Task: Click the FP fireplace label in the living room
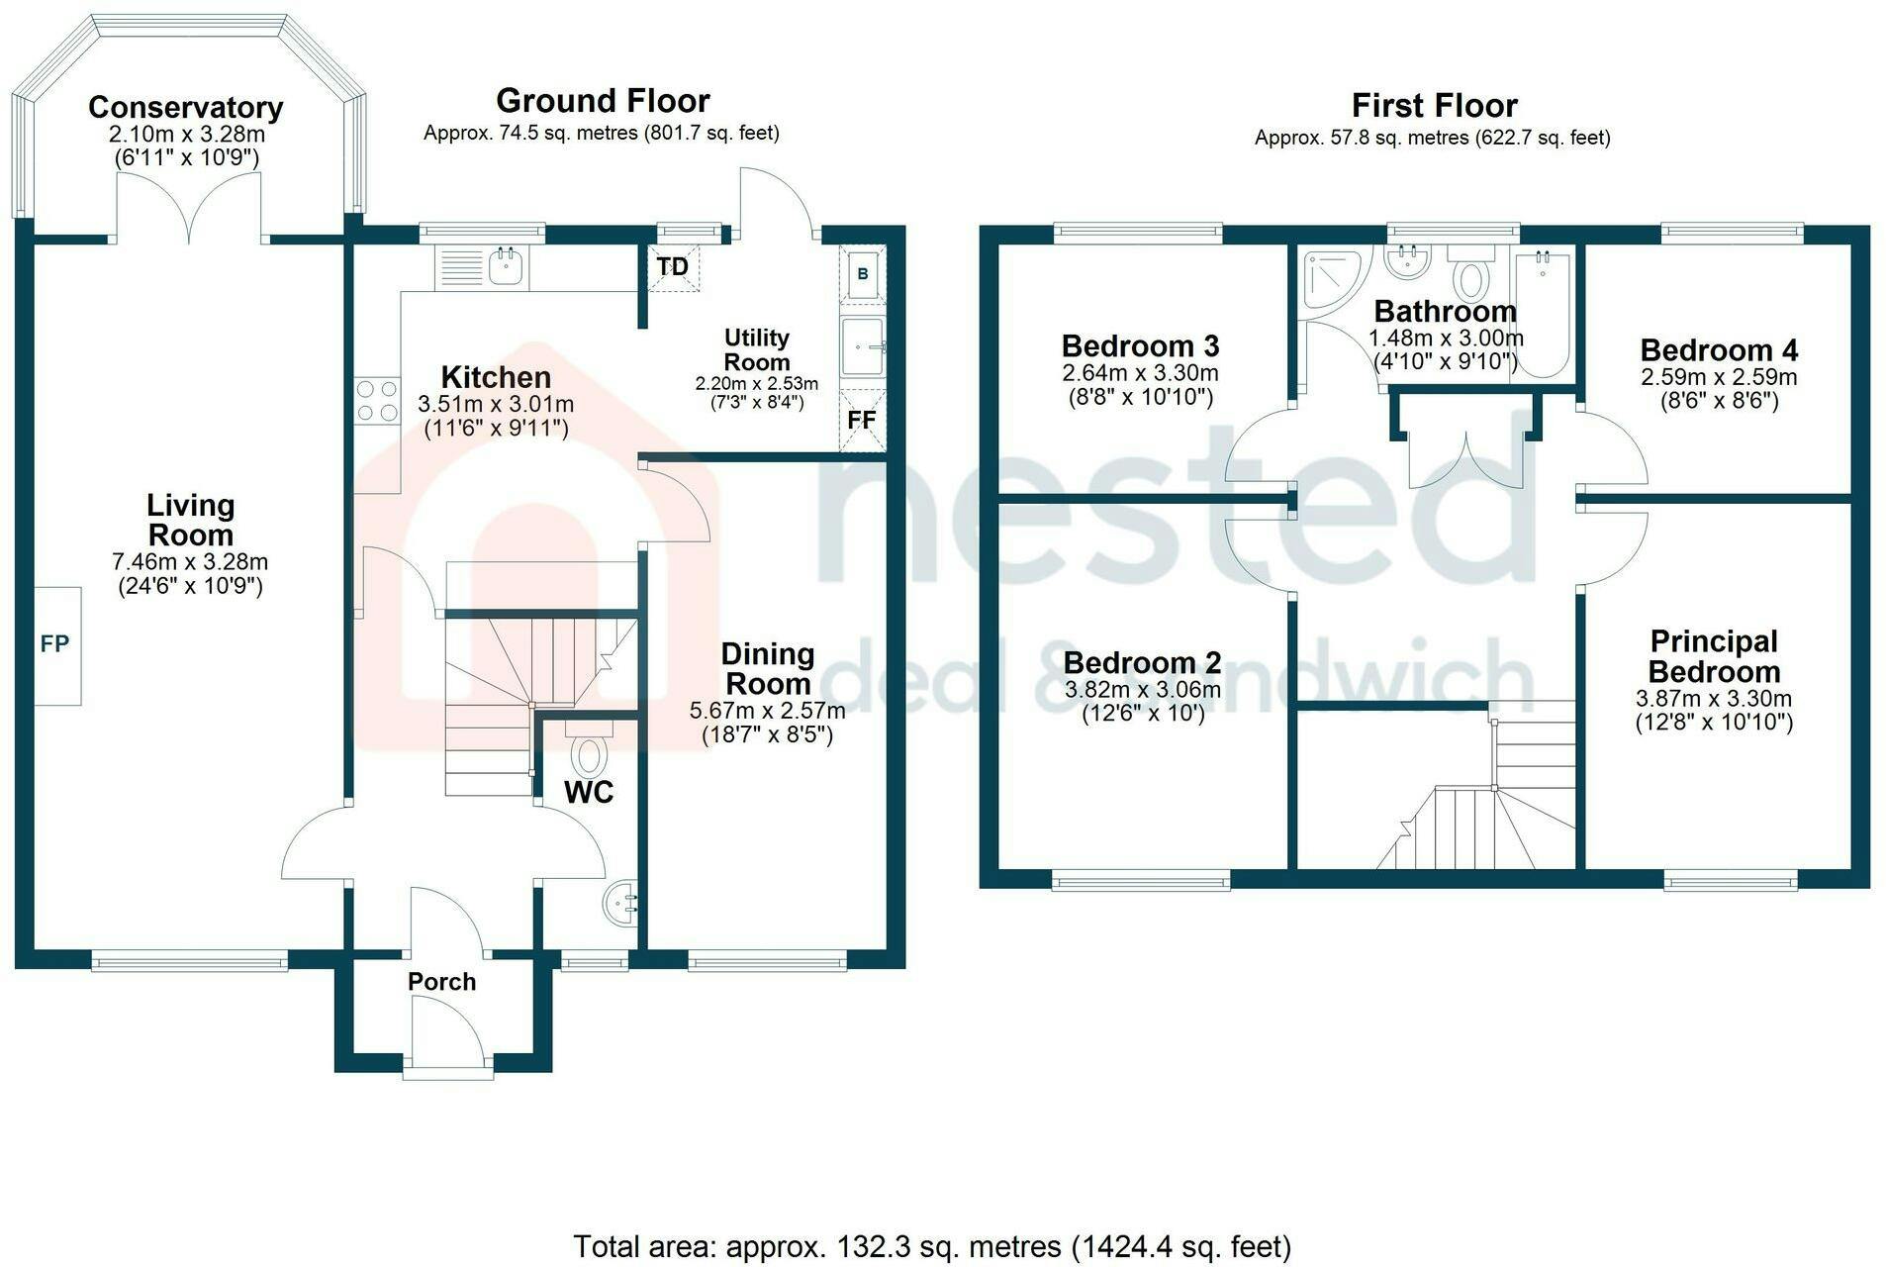(x=54, y=644)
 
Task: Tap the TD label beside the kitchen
(x=673, y=267)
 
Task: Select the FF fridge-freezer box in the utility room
(x=862, y=420)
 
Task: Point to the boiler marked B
(x=863, y=273)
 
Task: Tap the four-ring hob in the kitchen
(x=377, y=400)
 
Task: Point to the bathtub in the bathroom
(x=1543, y=313)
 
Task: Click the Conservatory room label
(x=186, y=107)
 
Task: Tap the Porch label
(x=442, y=981)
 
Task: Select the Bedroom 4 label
(x=1719, y=349)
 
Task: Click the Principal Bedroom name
(x=1714, y=656)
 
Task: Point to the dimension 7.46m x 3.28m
(x=190, y=561)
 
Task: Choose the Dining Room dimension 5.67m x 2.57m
(x=767, y=710)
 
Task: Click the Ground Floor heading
(x=603, y=101)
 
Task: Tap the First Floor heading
(x=1434, y=105)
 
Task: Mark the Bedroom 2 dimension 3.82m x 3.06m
(x=1143, y=689)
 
